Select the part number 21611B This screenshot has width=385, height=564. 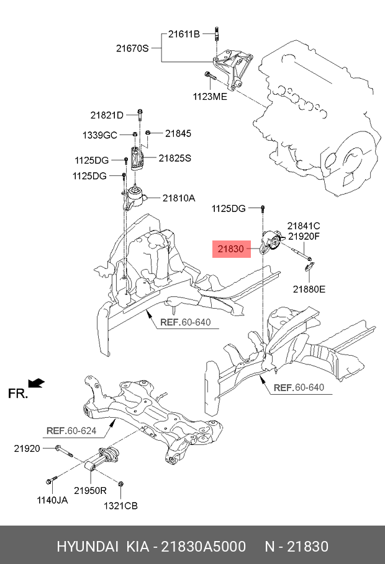click(183, 33)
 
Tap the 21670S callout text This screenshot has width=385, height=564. click(132, 48)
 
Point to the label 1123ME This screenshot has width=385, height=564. click(209, 97)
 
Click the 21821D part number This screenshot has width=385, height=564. click(106, 115)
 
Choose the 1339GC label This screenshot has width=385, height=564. click(100, 134)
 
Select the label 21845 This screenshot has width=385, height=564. click(178, 133)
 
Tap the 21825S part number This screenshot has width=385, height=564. click(174, 158)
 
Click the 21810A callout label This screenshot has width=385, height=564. click(179, 198)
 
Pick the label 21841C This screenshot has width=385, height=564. click(303, 226)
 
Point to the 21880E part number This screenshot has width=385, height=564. click(309, 289)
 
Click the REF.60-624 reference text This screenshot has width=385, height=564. click(71, 430)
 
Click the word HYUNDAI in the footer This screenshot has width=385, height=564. click(87, 547)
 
